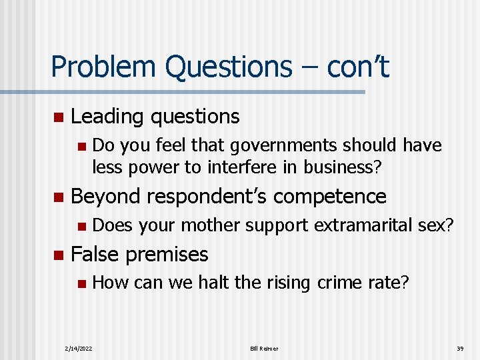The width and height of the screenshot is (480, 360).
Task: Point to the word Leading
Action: coord(108,117)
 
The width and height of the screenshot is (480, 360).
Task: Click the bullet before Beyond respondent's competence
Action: coord(58,197)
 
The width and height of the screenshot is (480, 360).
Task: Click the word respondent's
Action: coord(209,197)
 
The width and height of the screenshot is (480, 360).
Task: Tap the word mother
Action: coord(210,225)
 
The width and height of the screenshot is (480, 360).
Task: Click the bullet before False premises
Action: coord(58,255)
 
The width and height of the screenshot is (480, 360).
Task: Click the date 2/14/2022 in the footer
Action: coord(79,349)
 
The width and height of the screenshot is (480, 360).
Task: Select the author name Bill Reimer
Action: coord(264,349)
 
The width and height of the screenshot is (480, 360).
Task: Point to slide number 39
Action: coord(460,349)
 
